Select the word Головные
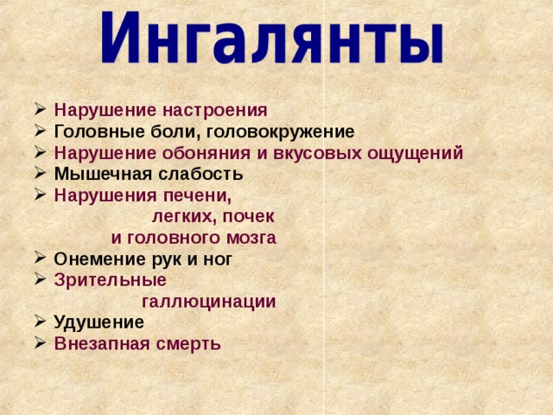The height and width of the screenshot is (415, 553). [x=91, y=132]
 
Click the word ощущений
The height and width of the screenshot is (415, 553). [x=413, y=154]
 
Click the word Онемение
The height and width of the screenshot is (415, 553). [x=93, y=259]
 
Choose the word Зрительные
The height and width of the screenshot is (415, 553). [x=110, y=280]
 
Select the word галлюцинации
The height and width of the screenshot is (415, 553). [x=208, y=302]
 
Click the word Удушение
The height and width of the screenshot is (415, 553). [x=99, y=322]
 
